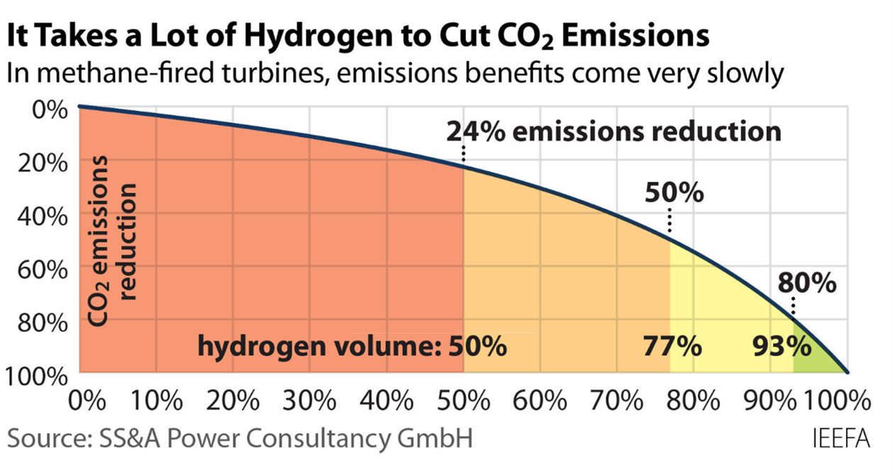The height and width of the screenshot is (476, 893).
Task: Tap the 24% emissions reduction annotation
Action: (614, 131)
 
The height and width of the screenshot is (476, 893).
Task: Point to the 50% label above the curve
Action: (674, 192)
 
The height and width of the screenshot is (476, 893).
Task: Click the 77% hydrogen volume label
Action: (672, 348)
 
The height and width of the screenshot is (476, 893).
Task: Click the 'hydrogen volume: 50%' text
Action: (352, 348)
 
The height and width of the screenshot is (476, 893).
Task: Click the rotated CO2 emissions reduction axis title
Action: (112, 241)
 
